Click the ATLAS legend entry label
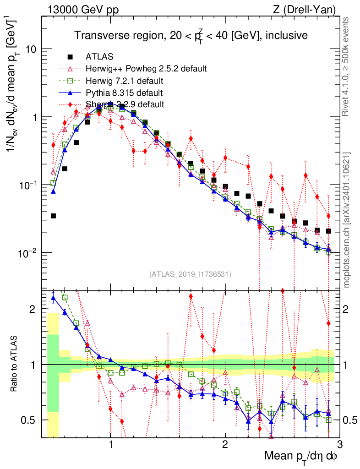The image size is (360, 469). (x=99, y=57)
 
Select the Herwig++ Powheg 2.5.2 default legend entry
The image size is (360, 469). (x=146, y=69)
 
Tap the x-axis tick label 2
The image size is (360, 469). (x=225, y=444)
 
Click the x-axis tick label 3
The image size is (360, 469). (x=338, y=444)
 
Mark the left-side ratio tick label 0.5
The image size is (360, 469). (x=30, y=420)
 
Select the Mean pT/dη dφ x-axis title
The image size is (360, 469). (x=301, y=457)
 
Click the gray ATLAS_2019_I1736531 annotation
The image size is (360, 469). (x=190, y=274)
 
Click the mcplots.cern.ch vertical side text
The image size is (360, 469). (x=347, y=215)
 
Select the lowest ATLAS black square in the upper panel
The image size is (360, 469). (x=53, y=216)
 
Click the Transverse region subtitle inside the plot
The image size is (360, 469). (x=191, y=36)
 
